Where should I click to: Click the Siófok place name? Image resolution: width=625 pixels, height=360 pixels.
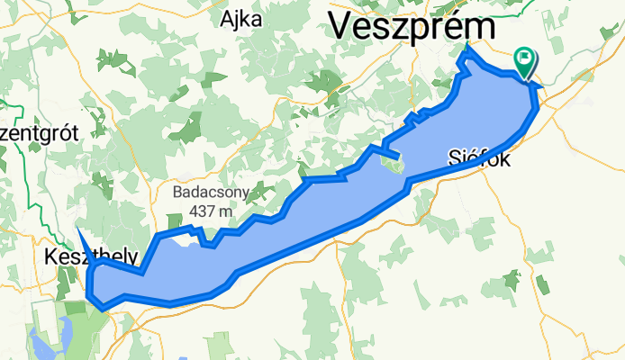(x=479, y=161)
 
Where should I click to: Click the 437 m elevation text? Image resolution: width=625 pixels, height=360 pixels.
(x=211, y=211)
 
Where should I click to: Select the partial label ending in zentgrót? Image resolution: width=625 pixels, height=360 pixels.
(x=40, y=133)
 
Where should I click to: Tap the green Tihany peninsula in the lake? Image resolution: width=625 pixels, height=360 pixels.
(x=393, y=166)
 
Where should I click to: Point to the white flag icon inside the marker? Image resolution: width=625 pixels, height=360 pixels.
(x=524, y=58)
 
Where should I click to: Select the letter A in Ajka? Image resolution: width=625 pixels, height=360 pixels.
(x=227, y=19)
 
